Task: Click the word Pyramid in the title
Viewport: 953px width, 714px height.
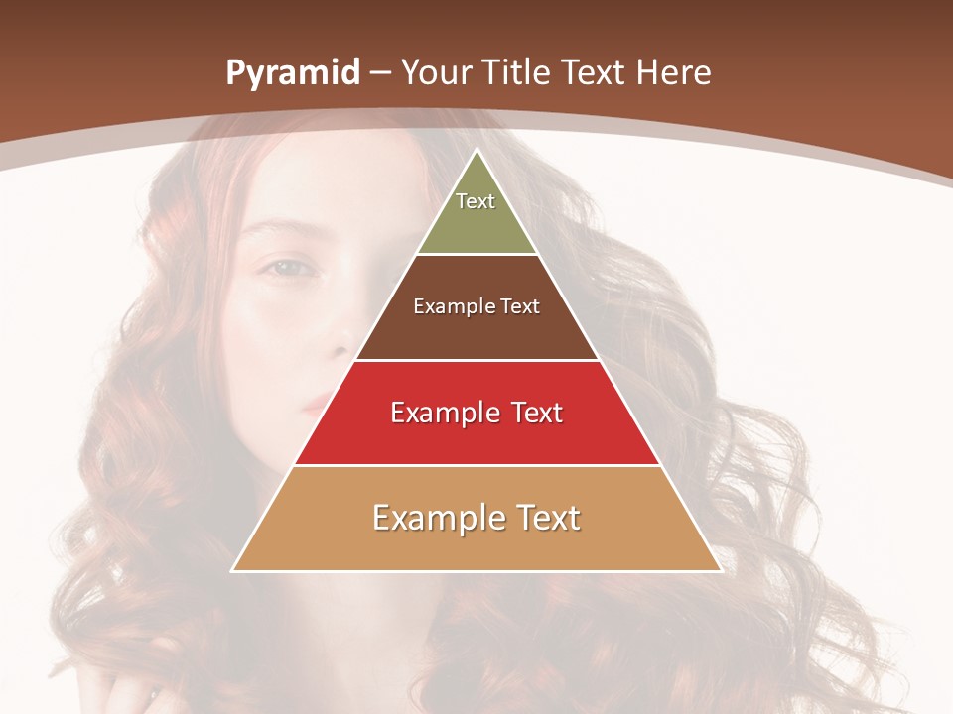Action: point(293,73)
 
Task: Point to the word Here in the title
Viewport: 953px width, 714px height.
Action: point(673,73)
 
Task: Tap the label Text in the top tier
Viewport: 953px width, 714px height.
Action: point(476,201)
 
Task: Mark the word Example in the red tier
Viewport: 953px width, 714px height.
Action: point(442,413)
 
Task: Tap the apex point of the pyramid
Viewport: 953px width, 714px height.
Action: point(476,151)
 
